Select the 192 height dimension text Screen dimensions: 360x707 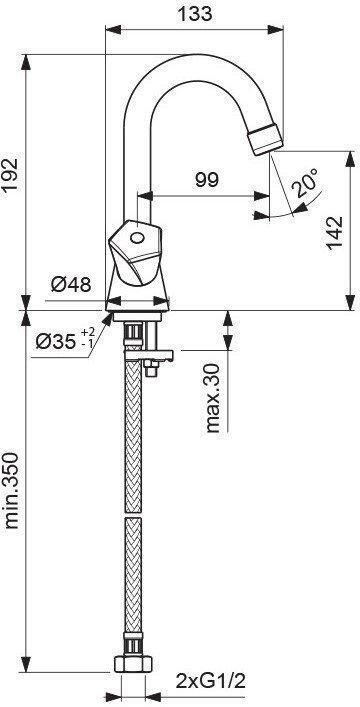[x=10, y=176]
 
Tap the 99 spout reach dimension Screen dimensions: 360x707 [x=207, y=180]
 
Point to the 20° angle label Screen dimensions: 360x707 [x=304, y=182]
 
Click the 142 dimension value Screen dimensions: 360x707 [x=334, y=233]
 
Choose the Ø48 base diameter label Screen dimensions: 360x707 [x=71, y=284]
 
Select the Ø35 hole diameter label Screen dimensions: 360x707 [x=55, y=343]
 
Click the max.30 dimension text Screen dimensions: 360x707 [x=212, y=398]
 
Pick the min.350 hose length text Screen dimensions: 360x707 [x=11, y=491]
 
